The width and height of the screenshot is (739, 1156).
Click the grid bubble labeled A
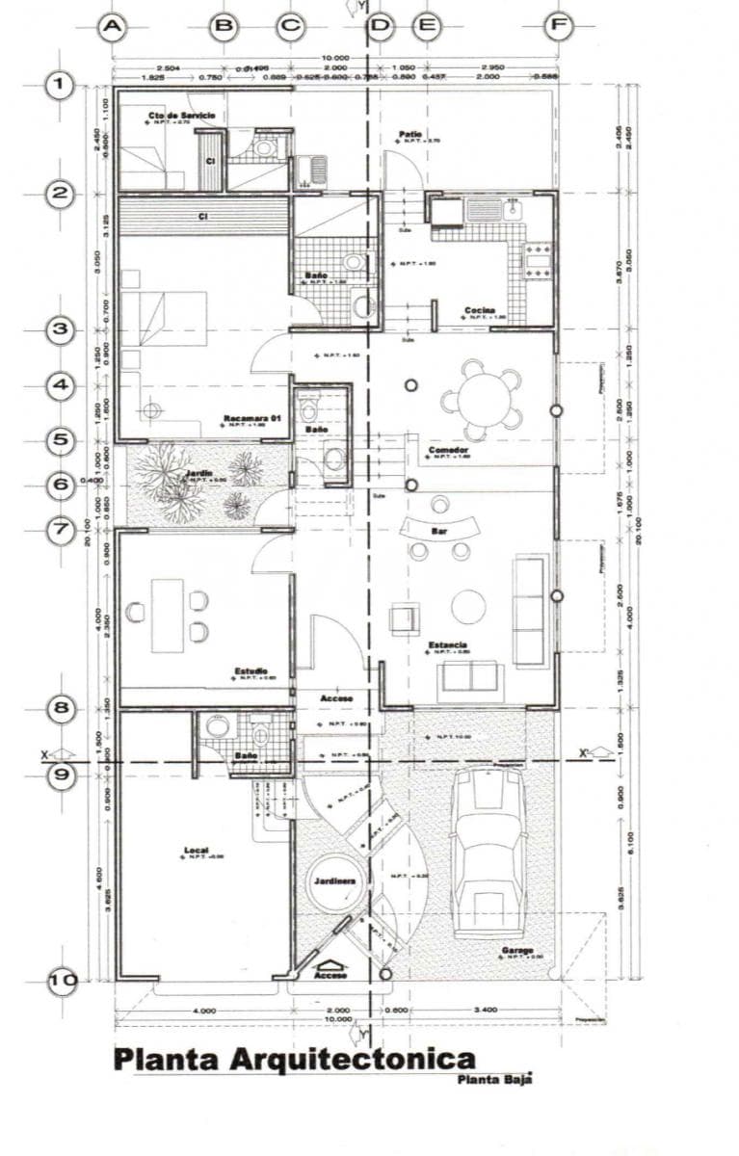113,27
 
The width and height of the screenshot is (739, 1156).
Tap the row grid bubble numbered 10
63,981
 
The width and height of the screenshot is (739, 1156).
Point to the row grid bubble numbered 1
63,86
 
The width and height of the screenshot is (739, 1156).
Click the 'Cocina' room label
479,310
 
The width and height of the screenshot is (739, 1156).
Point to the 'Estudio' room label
251,670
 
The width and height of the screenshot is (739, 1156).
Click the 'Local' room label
197,850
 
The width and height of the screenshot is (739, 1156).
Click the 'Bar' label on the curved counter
438,530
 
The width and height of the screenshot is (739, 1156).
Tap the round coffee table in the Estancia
469,607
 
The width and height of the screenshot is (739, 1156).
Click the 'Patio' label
411,134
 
